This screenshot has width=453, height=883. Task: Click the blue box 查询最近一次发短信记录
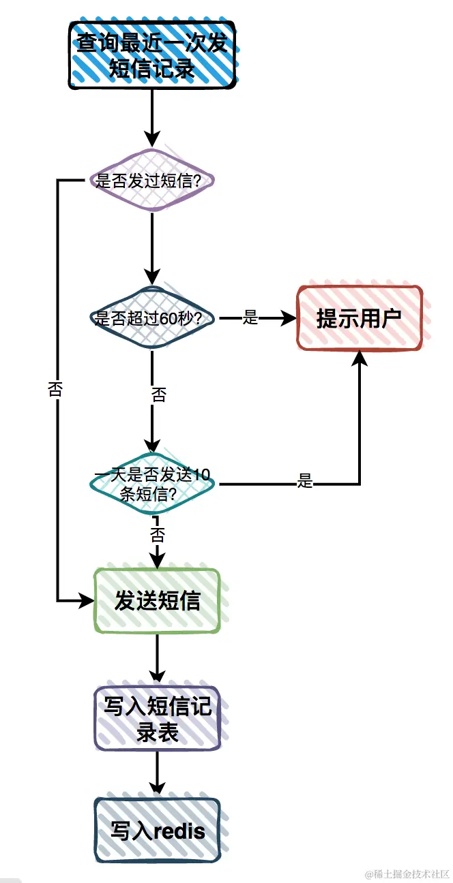click(x=151, y=55)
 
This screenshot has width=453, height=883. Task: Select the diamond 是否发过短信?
click(x=152, y=181)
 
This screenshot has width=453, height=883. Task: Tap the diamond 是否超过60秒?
click(x=152, y=318)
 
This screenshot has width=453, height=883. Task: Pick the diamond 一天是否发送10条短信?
click(x=152, y=484)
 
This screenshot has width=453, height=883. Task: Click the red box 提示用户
click(x=360, y=318)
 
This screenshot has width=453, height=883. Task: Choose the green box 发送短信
click(x=157, y=601)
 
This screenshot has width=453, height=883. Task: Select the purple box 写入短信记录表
click(x=157, y=719)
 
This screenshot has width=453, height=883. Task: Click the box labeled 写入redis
click(x=157, y=831)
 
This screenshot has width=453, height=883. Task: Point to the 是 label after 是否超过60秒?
click(x=250, y=317)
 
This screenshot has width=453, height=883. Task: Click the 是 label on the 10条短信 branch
click(x=305, y=482)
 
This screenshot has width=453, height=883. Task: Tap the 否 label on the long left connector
click(x=56, y=389)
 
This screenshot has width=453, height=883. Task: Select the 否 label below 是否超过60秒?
click(x=158, y=395)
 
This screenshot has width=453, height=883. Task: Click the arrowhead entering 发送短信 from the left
click(x=87, y=601)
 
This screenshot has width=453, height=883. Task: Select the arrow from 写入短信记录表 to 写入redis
click(x=157, y=774)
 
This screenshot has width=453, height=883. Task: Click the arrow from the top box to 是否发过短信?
click(x=151, y=116)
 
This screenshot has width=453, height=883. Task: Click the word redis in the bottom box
click(x=179, y=831)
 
